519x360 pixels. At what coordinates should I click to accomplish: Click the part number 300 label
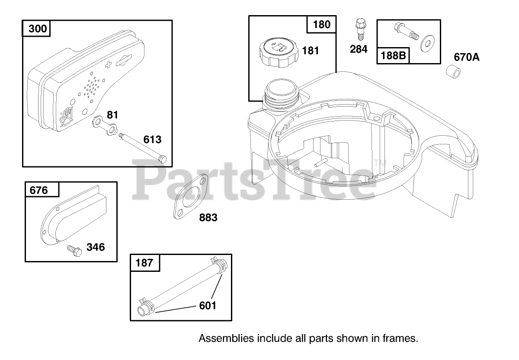coord(38,29)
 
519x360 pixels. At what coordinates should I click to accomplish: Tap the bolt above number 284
coord(359,29)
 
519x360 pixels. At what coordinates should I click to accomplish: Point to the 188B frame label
coord(393,56)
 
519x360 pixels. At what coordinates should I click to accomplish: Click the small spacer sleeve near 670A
coord(453,72)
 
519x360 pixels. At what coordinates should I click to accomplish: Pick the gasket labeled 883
coord(191,197)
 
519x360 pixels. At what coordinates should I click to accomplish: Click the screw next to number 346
coord(74,251)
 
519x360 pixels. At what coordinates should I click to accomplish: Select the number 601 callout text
coord(208,306)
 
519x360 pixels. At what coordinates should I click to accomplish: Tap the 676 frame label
coord(38,190)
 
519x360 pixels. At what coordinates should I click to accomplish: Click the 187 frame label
coord(144,263)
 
